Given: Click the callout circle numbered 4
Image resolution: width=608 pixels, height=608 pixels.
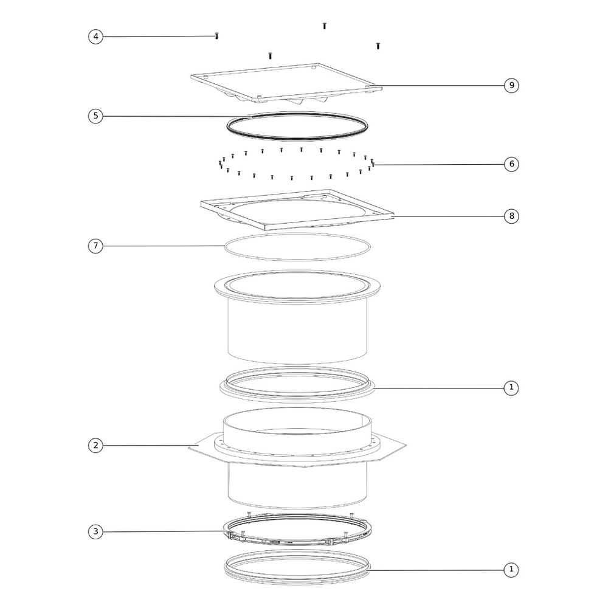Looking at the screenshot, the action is pyautogui.click(x=96, y=37).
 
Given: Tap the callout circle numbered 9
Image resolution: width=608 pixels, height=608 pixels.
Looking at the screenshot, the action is pyautogui.click(x=511, y=85).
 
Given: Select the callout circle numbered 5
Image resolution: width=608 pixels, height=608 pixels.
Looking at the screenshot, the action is pyautogui.click(x=96, y=116).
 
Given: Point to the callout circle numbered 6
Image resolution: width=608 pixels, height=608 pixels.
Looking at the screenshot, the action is pyautogui.click(x=511, y=164).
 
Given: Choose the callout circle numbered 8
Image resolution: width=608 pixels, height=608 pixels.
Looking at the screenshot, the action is pyautogui.click(x=511, y=216).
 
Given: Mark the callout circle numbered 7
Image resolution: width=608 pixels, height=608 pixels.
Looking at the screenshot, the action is pyautogui.click(x=96, y=246).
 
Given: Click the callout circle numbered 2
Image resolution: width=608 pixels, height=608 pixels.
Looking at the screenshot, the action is pyautogui.click(x=96, y=446).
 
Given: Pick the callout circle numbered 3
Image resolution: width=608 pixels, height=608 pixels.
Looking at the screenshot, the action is pyautogui.click(x=96, y=531).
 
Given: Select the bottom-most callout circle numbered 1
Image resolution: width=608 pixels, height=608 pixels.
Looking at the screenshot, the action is pyautogui.click(x=511, y=570).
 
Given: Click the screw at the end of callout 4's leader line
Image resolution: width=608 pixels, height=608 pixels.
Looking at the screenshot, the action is pyautogui.click(x=217, y=36).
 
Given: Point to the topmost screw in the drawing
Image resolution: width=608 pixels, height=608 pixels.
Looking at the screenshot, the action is pyautogui.click(x=325, y=26).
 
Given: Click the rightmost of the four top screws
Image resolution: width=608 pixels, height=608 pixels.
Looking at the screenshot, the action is pyautogui.click(x=378, y=46).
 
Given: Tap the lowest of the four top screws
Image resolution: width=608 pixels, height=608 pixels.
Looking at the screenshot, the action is pyautogui.click(x=271, y=56).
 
